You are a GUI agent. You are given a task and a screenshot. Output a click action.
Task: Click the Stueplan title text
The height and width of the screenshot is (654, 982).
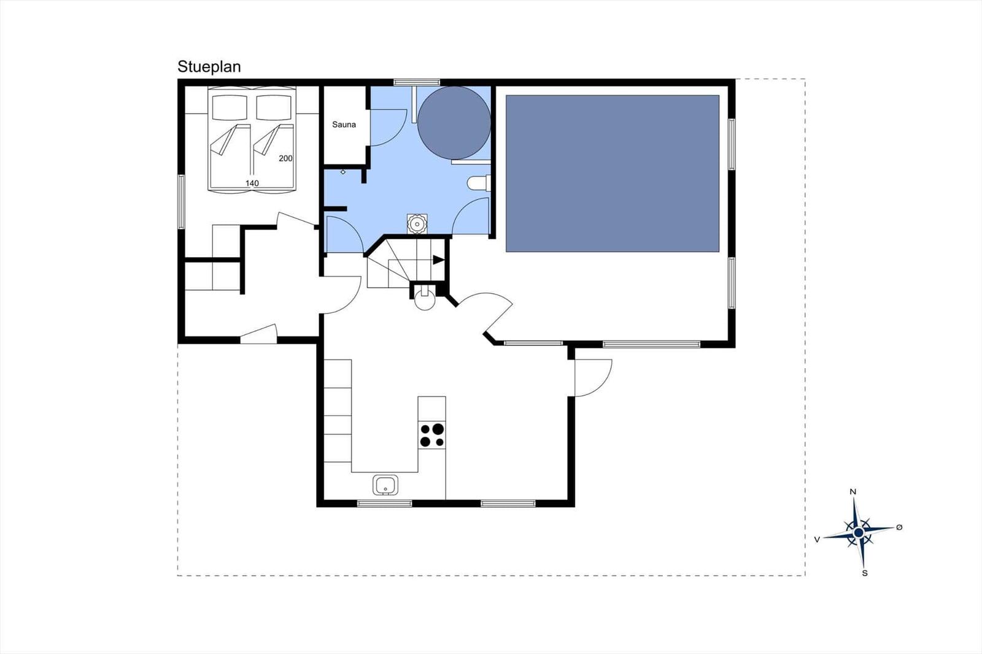click(209, 67)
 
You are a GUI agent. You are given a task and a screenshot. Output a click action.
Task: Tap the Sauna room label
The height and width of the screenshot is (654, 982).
click(344, 125)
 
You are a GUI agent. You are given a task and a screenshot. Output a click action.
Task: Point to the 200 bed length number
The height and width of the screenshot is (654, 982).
click(285, 158)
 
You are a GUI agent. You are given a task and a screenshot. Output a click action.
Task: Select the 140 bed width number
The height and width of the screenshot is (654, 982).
click(252, 183)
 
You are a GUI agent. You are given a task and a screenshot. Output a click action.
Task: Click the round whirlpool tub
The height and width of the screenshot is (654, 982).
click(454, 123)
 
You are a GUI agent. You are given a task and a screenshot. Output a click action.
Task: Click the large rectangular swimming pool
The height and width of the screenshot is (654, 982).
click(613, 174)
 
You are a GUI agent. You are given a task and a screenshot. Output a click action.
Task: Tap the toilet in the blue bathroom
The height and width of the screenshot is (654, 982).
click(478, 183)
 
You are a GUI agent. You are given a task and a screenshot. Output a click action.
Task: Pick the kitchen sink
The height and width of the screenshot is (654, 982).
click(385, 485)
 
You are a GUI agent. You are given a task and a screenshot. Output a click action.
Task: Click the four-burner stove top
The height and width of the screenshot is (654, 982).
click(432, 435)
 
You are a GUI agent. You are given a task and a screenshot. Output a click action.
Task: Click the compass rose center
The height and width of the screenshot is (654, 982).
click(859, 533)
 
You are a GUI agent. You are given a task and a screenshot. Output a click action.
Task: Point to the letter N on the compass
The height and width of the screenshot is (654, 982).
click(853, 491)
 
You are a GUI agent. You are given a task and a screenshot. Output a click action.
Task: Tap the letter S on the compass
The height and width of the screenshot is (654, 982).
click(865, 573)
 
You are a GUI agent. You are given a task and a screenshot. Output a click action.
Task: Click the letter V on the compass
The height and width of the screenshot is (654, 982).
click(817, 540)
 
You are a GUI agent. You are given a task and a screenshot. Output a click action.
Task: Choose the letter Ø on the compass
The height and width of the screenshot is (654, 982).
click(899, 528)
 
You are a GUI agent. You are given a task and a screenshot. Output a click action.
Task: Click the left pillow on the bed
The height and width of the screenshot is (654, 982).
click(230, 107)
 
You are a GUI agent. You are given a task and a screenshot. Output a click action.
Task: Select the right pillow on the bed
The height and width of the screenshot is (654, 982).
click(274, 107)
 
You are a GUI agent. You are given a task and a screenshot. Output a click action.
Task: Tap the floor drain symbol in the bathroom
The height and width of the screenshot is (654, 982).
click(417, 224)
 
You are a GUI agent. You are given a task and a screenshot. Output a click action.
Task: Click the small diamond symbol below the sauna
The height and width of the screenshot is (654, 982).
click(343, 172)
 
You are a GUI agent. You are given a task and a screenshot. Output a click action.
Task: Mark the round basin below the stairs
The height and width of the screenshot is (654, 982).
click(425, 300)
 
